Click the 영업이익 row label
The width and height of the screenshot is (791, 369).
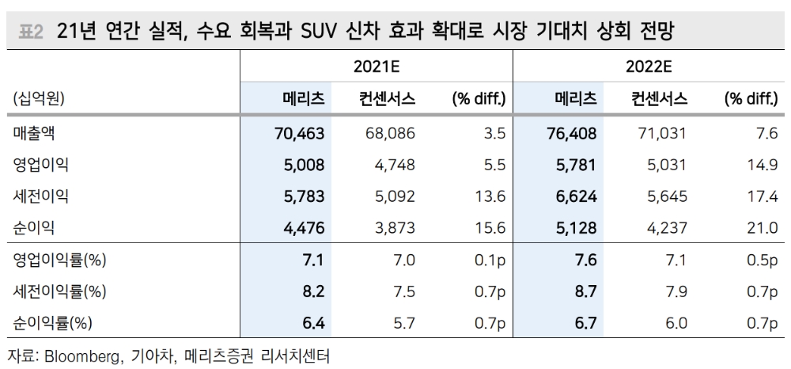click(41, 165)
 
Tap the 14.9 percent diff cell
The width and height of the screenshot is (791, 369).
click(764, 165)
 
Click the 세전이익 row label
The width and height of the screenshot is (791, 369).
click(41, 196)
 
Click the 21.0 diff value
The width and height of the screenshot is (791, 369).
click(764, 227)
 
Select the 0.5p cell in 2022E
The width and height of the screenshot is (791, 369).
click(763, 261)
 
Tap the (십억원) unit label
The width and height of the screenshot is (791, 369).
click(39, 99)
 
